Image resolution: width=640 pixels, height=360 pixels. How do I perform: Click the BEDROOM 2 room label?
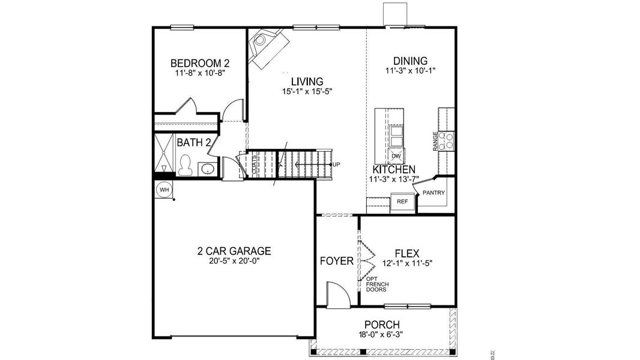coord(200,63)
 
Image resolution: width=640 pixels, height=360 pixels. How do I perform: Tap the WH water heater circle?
coord(163,190)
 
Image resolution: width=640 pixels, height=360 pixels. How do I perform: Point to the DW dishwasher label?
coord(396,157)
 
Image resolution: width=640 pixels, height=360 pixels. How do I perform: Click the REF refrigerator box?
coord(402,202)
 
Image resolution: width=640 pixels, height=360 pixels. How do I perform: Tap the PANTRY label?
coord(433,193)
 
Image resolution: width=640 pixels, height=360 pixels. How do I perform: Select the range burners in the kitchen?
coord(446,141)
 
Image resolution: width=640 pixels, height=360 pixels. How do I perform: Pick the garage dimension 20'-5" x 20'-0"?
coord(234,261)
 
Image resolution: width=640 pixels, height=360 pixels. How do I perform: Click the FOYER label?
coord(336,261)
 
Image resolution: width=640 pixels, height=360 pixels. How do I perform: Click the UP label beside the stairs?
coord(336,164)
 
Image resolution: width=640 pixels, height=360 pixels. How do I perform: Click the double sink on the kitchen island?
coord(396,136)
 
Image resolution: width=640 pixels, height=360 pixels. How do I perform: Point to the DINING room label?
coord(410,61)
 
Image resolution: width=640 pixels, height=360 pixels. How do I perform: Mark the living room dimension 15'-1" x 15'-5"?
coord(307,92)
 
